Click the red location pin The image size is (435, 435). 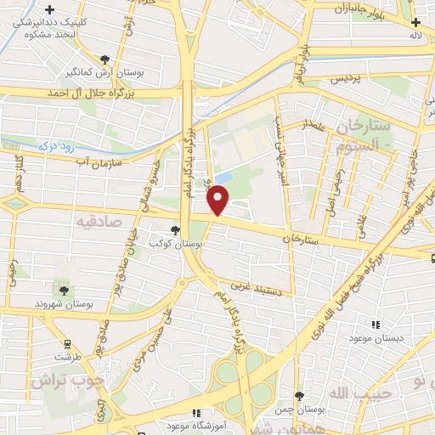click(x=218, y=200)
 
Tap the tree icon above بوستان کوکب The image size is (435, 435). click(x=175, y=229)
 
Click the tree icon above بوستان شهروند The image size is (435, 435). click(x=64, y=291)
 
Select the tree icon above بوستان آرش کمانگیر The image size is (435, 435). click(x=105, y=59)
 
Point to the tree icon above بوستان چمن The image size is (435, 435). click(x=298, y=396)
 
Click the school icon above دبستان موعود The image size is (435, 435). click(x=375, y=324)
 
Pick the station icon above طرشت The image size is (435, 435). click(x=68, y=344)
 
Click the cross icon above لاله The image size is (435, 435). click(x=415, y=23)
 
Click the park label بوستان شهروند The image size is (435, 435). click(x=63, y=304)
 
